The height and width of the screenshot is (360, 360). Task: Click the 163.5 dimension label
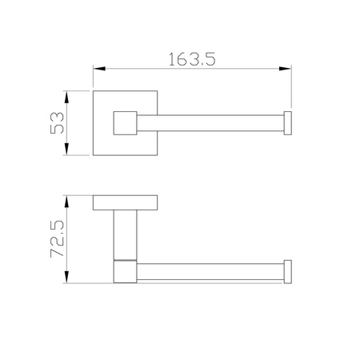point(192,59)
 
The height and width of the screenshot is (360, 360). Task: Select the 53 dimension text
point(57,123)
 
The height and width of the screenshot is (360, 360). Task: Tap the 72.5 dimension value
point(57,238)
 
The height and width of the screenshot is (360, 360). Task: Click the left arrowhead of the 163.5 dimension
point(99,69)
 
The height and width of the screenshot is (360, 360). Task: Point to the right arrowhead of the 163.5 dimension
point(285,69)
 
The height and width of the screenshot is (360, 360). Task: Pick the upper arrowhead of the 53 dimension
point(66,97)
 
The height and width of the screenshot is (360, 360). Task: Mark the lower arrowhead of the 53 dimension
point(66,149)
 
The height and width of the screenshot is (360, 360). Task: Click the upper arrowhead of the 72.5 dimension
point(66,202)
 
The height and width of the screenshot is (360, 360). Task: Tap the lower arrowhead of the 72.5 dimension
point(66,277)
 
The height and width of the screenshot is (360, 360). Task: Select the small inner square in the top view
point(125,123)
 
